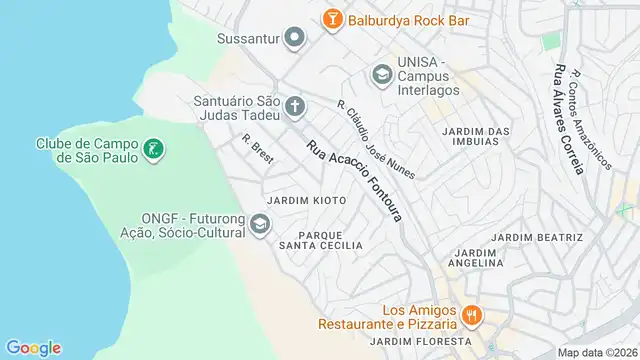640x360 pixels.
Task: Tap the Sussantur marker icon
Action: [x=294, y=40]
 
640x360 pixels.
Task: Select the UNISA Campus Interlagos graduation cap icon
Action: [x=381, y=74]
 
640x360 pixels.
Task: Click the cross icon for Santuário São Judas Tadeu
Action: [x=295, y=106]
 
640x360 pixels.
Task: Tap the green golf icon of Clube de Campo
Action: [x=153, y=151]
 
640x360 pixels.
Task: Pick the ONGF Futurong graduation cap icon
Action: [x=260, y=224]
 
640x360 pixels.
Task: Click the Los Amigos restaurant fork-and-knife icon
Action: [x=472, y=317]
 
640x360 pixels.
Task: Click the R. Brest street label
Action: [x=257, y=149]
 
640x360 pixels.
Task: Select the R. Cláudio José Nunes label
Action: [x=374, y=140]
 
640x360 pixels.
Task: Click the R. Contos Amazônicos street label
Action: [x=591, y=118]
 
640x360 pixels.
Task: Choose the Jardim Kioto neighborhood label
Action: [x=306, y=201]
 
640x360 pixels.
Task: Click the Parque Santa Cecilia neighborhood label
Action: [x=320, y=239]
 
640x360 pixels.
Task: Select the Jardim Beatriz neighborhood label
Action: [x=538, y=237]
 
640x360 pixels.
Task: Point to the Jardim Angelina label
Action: [x=476, y=258]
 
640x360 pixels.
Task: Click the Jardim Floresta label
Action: [x=413, y=341]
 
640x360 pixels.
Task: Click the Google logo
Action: [x=33, y=347]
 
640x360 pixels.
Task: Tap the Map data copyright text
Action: [x=597, y=353]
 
